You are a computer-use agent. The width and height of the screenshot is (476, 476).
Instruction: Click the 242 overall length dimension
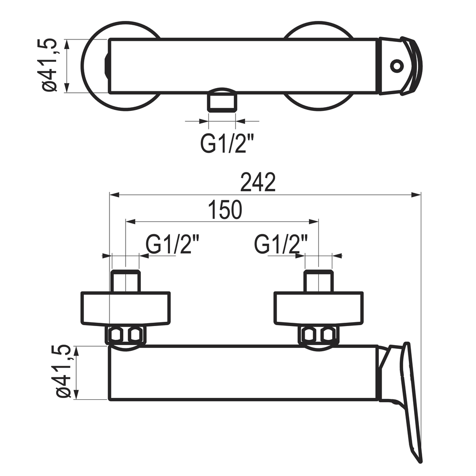tap(258, 182)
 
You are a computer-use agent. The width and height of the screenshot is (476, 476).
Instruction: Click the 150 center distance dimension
tap(225, 209)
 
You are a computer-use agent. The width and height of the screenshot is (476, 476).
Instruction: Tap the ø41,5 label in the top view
tap(49, 65)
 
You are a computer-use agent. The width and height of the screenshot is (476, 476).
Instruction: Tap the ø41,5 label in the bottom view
tap(63, 371)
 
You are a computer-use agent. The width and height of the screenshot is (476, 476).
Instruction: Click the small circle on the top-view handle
tap(397, 66)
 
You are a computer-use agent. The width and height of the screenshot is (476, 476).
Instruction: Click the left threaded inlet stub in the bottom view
tap(126, 281)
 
